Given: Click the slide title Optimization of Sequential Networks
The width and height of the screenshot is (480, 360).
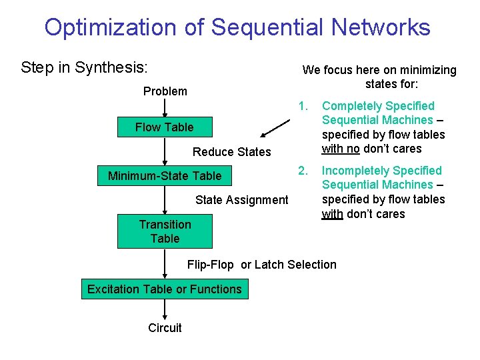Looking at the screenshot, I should click(x=237, y=27).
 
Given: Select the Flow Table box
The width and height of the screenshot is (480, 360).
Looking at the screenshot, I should click(x=165, y=127).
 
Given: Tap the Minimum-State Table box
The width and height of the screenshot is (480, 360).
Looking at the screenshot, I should click(x=165, y=176).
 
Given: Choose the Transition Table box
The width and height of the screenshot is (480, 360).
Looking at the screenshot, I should click(x=165, y=231).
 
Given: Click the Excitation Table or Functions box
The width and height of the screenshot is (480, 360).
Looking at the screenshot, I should click(x=165, y=289).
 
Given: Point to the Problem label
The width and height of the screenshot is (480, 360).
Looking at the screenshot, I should click(x=165, y=91).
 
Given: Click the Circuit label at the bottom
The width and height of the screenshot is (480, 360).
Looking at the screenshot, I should click(x=165, y=327).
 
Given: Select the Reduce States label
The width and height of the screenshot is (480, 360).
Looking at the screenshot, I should click(x=232, y=152).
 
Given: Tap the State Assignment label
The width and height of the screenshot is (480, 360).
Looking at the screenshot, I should click(x=242, y=199).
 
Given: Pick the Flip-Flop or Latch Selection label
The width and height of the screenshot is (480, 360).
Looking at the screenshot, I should click(x=262, y=265).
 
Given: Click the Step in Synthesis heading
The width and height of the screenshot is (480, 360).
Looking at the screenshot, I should click(x=84, y=67).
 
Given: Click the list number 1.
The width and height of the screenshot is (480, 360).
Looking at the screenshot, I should click(x=303, y=106).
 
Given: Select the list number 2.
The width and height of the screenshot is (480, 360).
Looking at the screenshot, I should click(x=303, y=171).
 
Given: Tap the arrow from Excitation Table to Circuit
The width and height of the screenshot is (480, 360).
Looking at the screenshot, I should click(x=165, y=309).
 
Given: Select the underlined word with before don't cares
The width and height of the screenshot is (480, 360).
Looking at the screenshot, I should click(x=332, y=213).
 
